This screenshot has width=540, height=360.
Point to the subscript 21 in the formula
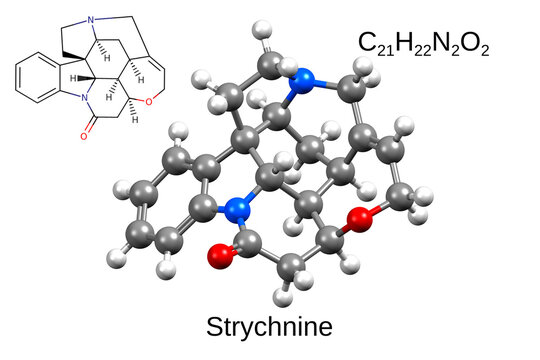click(x=387, y=48)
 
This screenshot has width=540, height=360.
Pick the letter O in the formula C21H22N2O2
click(x=470, y=41)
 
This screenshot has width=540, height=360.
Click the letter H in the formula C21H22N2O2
click(x=405, y=41)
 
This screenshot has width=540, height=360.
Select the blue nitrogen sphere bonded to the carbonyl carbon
click(x=237, y=210)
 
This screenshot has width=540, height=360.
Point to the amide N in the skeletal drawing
click(x=86, y=98)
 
